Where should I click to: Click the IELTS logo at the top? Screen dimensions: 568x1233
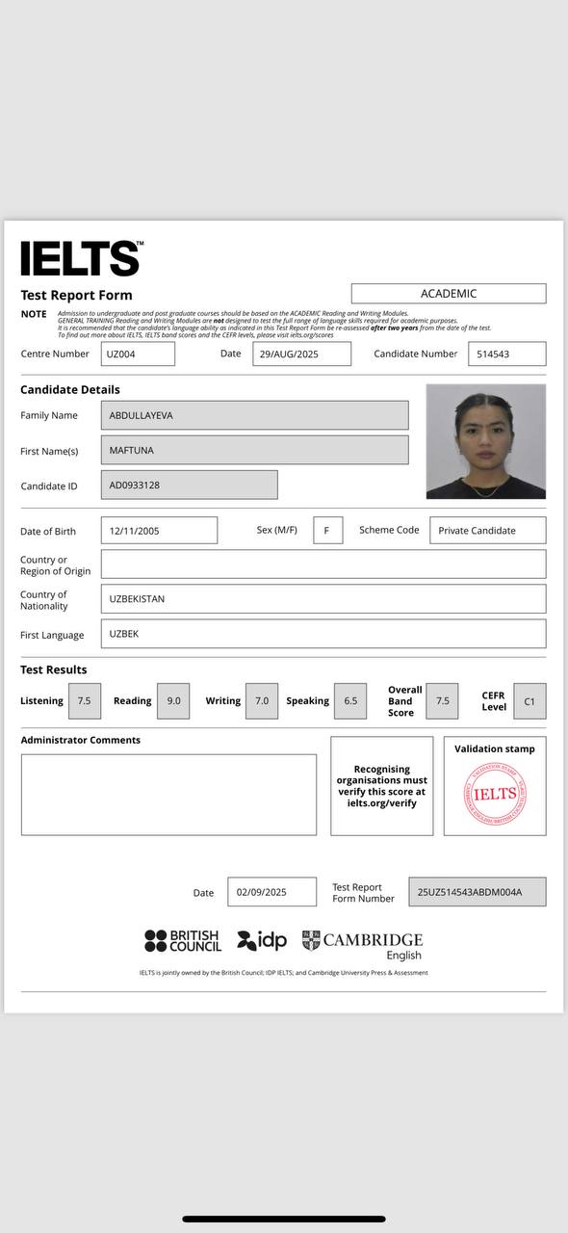(81, 259)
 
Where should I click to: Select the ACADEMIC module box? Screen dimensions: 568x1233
(448, 294)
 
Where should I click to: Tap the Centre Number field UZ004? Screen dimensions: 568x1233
(139, 354)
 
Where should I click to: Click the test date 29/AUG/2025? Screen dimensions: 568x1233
(301, 354)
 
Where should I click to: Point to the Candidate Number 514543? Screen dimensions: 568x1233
(506, 354)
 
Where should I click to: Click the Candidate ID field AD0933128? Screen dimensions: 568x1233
(189, 485)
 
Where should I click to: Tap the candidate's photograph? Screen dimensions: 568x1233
(485, 441)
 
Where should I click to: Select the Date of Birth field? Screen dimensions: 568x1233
(159, 530)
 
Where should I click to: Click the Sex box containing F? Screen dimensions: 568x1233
(327, 530)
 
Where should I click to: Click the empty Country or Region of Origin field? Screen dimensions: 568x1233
(323, 564)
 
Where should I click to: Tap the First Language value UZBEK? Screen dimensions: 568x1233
(323, 634)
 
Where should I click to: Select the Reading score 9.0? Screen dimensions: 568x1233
(174, 701)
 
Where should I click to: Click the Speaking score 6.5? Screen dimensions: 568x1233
(350, 701)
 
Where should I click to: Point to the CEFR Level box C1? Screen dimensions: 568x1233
(529, 701)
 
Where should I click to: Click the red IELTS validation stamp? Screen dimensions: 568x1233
(495, 794)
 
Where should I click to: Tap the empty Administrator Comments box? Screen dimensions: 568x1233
(168, 794)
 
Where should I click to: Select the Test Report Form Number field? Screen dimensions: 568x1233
(477, 892)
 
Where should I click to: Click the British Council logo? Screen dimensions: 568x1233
(182, 940)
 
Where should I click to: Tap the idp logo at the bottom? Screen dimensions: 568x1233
(262, 940)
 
